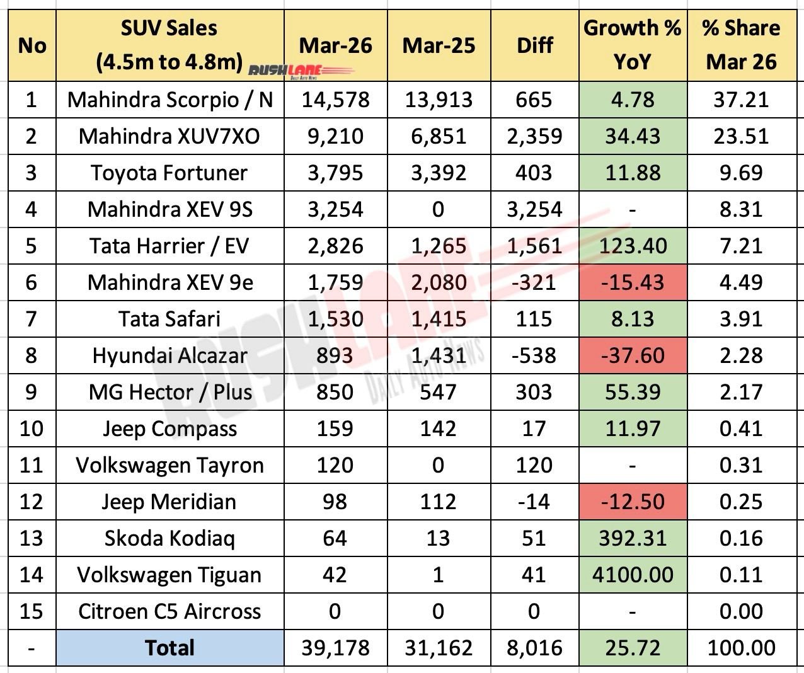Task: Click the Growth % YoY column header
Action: coord(633,45)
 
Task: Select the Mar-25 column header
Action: coord(439,45)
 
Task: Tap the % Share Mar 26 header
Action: coord(741,45)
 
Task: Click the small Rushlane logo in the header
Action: coord(284,71)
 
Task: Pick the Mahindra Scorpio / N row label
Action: coord(170,100)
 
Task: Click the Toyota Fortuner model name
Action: coord(169,173)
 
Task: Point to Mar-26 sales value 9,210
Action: coord(335,136)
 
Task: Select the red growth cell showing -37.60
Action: coord(633,355)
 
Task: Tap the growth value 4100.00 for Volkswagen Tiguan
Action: coord(633,575)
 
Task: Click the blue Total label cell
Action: coord(169,648)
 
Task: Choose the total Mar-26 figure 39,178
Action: coord(335,648)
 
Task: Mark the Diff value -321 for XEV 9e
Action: coord(534,282)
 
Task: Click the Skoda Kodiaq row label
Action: coord(169,538)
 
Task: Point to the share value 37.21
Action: coord(741,100)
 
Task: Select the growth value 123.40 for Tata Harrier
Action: coord(633,246)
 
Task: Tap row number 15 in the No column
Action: coord(32,611)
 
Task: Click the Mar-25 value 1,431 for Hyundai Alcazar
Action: coord(439,355)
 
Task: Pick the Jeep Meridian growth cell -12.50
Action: coord(633,502)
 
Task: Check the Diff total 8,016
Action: coord(534,648)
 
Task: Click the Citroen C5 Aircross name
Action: coord(169,611)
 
